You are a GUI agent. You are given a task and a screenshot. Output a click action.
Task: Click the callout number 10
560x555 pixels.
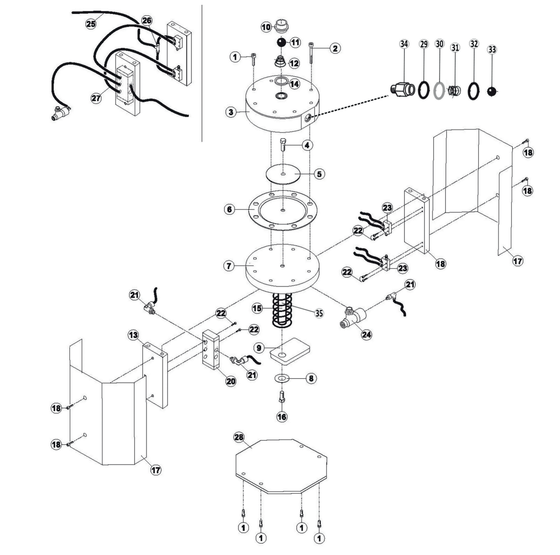point(266,27)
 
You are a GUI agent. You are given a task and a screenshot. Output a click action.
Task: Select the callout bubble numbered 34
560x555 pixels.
point(404,44)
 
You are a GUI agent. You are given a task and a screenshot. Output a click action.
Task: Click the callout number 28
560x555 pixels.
point(239,437)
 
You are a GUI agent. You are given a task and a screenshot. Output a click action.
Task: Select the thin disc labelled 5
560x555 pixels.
point(283,174)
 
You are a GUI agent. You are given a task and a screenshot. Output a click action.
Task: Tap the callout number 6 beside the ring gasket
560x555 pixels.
point(231,209)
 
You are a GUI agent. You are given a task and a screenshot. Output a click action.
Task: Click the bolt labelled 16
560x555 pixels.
point(282,398)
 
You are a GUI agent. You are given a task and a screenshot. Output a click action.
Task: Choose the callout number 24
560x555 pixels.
point(366,334)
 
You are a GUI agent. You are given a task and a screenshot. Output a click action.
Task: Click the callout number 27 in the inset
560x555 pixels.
point(97,97)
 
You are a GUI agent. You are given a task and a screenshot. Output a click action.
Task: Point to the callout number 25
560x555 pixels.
point(91,23)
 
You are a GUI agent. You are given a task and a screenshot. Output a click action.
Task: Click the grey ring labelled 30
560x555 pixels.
point(439,90)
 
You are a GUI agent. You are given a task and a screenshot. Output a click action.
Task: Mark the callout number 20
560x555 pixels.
point(231,381)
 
